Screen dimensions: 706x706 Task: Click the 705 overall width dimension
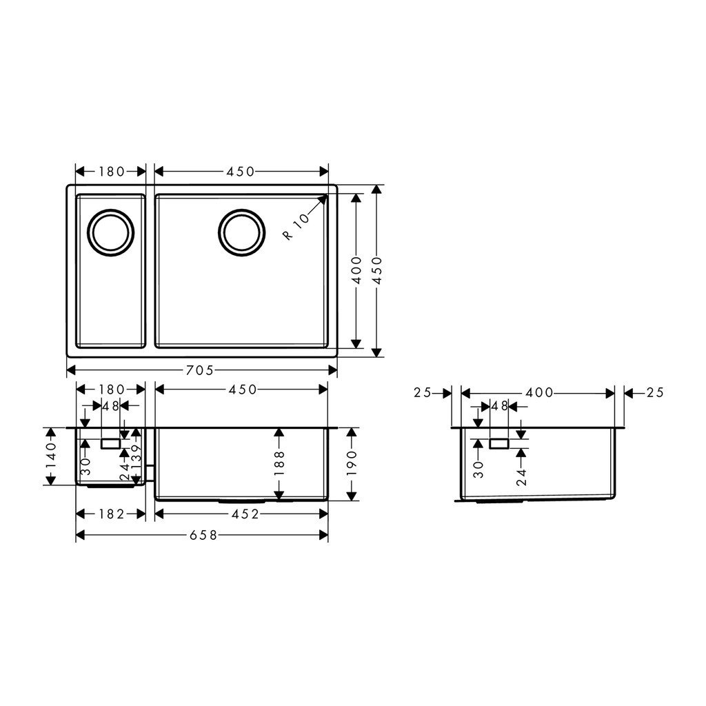(199, 370)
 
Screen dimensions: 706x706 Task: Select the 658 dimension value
(199, 536)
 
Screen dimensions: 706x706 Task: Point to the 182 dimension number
(110, 514)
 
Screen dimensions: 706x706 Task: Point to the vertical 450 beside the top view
(376, 270)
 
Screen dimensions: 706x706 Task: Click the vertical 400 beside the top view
(356, 270)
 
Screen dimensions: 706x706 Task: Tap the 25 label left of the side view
(423, 392)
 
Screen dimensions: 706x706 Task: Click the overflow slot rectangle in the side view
(498, 443)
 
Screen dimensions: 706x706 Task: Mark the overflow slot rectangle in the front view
(110, 443)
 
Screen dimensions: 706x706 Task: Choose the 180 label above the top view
(110, 171)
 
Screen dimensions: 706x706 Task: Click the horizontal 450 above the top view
(241, 171)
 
